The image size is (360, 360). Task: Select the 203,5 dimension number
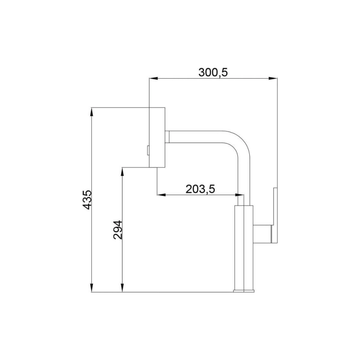tap(200, 189)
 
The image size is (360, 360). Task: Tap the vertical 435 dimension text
tap(87, 199)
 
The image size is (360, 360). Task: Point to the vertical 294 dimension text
tap(118, 230)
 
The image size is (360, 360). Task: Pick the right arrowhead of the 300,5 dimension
tap(273, 79)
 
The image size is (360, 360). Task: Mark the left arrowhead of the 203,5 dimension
tap(161, 195)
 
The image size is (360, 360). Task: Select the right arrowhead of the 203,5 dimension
tap(239, 195)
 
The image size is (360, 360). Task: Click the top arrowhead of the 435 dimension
tap(92, 111)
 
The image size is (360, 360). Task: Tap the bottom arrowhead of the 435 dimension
tap(92, 288)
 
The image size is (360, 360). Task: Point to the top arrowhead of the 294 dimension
tap(122, 171)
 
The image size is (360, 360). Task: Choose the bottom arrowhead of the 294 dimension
tap(122, 288)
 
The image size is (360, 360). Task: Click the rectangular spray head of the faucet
tap(157, 137)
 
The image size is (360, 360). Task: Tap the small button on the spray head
tap(147, 150)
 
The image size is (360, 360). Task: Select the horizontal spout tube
tap(198, 137)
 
